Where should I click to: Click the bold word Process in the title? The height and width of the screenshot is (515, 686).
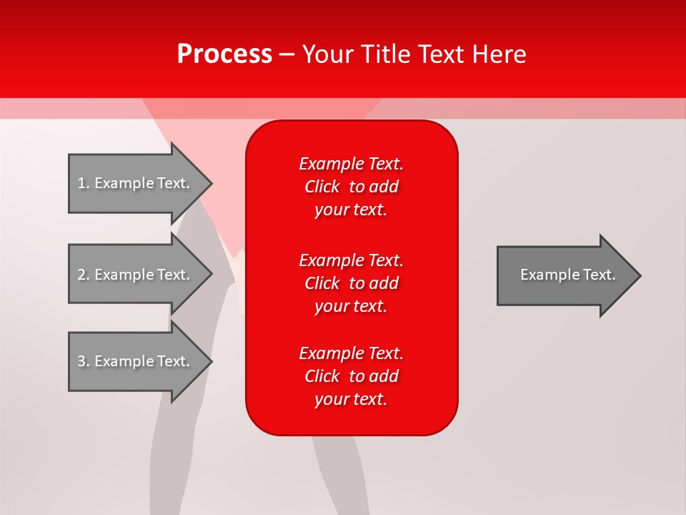(x=224, y=54)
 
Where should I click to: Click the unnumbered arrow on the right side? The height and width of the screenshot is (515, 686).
(x=565, y=275)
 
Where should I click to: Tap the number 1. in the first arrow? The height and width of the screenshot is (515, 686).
(x=84, y=183)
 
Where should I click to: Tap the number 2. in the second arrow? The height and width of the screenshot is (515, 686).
(x=84, y=275)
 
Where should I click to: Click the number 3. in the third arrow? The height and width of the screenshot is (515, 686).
(x=84, y=361)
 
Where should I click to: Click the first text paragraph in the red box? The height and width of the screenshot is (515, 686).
(x=351, y=187)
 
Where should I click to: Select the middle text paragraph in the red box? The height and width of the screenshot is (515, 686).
(x=351, y=283)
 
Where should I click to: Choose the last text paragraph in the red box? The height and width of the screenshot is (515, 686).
(x=351, y=376)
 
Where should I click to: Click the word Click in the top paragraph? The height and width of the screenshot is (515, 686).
(x=322, y=187)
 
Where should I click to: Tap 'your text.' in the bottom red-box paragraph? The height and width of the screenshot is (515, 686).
(x=351, y=399)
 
